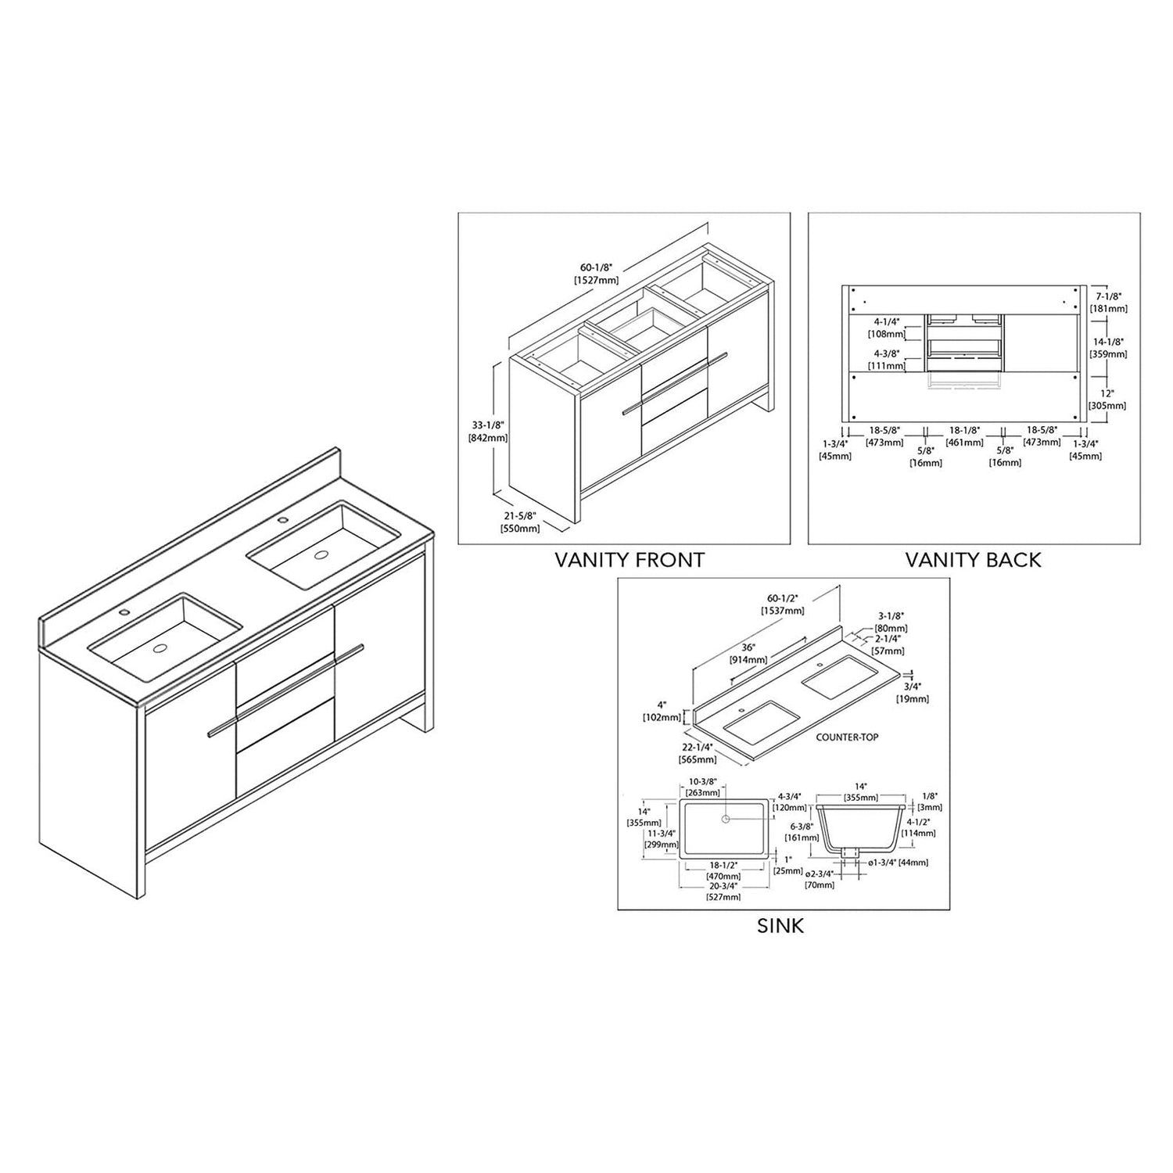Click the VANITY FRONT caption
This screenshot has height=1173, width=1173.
[630, 560]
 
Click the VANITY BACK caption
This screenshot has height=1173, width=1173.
[973, 560]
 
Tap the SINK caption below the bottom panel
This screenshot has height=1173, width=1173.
[780, 926]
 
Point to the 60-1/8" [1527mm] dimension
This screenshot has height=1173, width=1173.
[597, 274]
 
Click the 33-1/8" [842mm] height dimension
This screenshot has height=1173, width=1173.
[487, 432]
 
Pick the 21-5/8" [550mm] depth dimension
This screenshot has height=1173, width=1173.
[520, 522]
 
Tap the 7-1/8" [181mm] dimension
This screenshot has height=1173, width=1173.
[1109, 303]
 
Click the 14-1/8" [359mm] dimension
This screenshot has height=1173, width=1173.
[1109, 348]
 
